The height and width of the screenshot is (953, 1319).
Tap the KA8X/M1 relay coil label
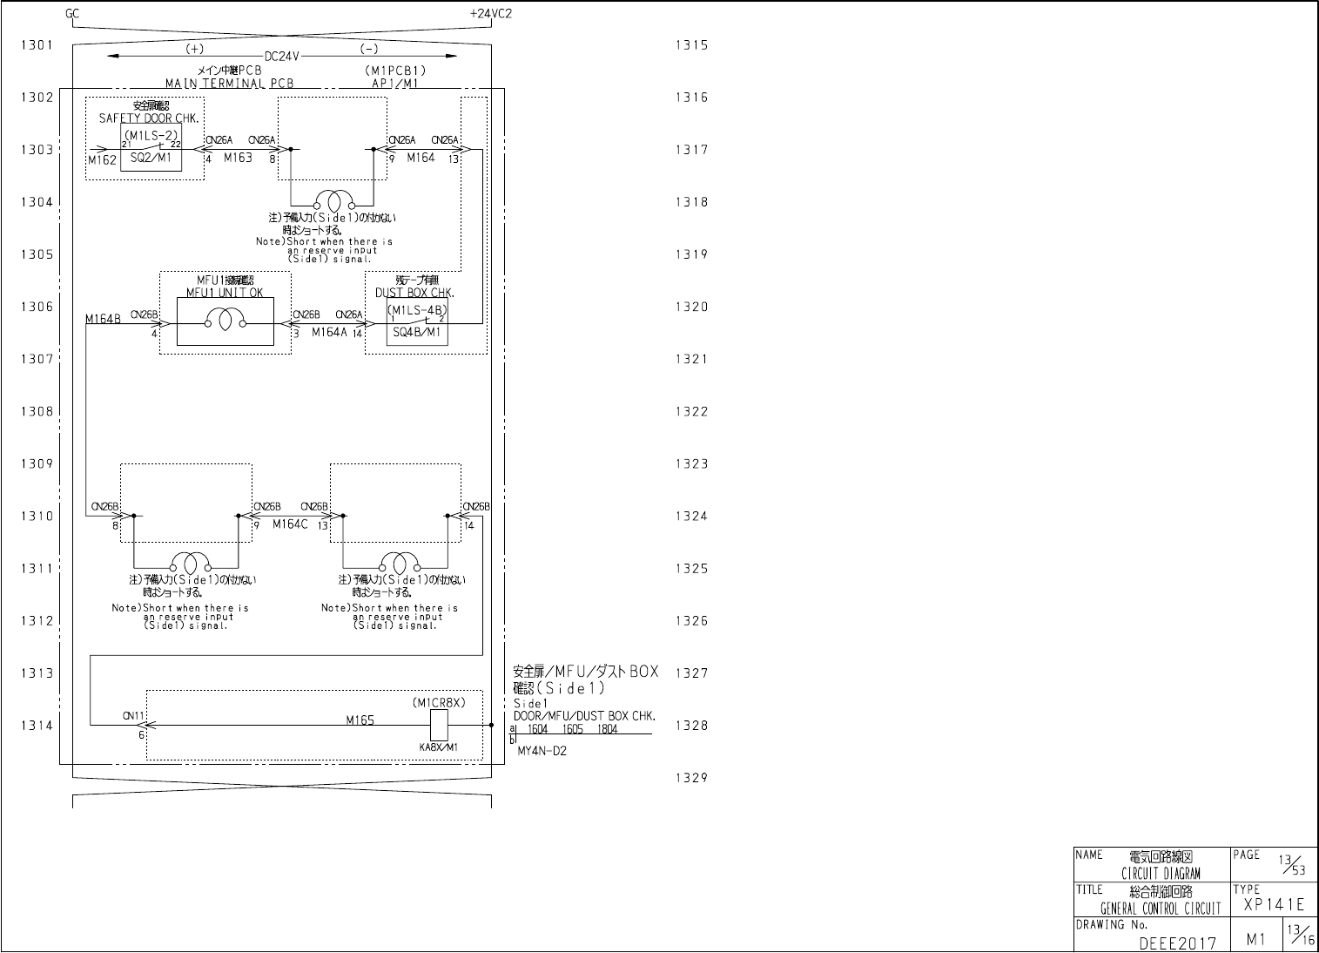438,747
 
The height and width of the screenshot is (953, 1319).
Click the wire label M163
238,158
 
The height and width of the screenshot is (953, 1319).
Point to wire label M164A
329,332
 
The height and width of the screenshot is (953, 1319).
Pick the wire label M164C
290,524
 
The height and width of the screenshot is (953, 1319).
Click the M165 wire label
360,720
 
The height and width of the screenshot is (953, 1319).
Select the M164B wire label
104,320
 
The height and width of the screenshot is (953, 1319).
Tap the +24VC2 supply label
490,14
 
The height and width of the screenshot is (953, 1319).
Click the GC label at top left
72,14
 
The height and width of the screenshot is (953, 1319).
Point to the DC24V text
282,57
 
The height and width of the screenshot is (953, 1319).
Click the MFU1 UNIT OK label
225,293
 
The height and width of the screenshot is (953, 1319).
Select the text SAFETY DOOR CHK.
148,118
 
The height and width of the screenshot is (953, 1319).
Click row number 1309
37,463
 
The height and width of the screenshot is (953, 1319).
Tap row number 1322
691,411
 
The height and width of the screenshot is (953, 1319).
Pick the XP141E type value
1274,904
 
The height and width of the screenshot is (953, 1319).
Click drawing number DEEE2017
1177,943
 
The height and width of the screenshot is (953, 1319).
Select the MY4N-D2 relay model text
542,751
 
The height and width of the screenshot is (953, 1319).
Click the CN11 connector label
133,715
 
